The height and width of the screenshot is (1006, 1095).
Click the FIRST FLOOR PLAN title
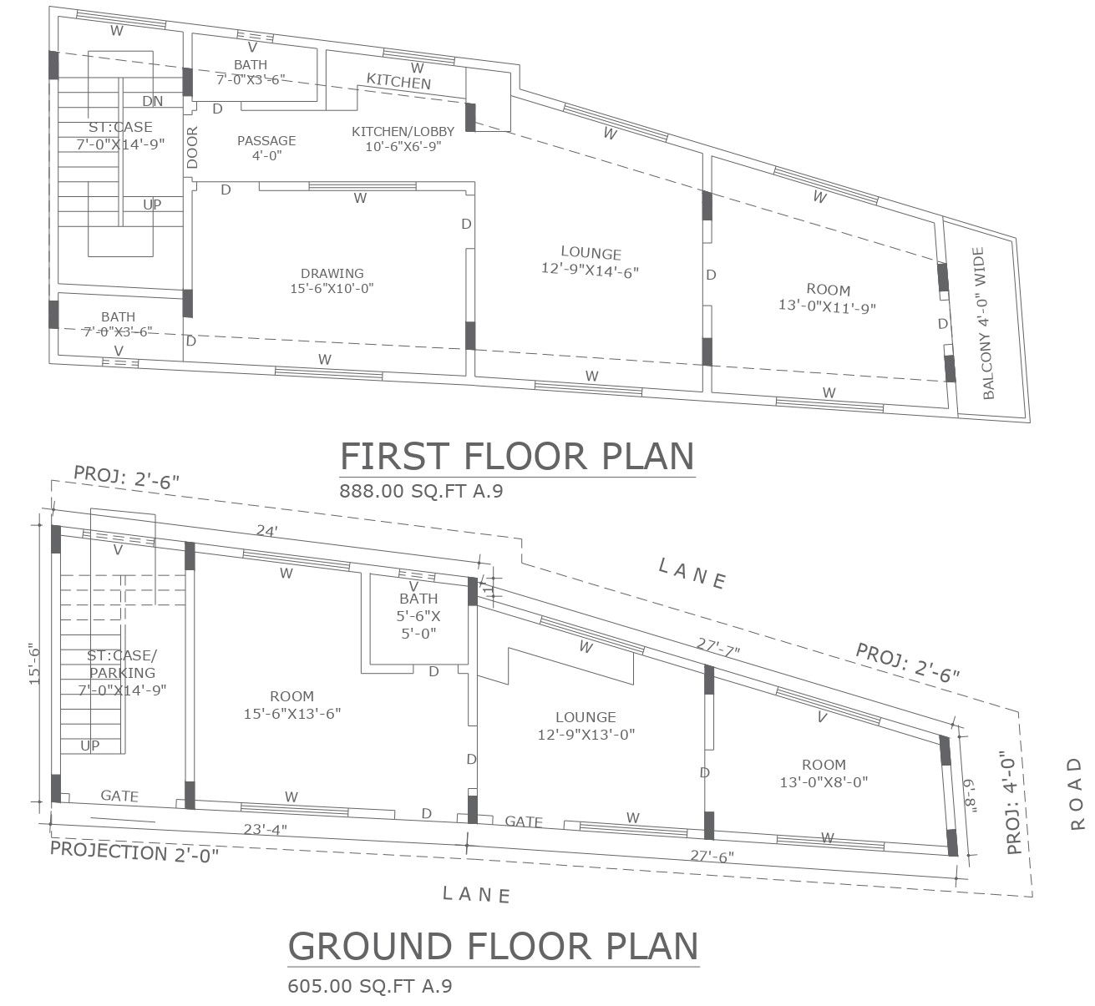(517, 457)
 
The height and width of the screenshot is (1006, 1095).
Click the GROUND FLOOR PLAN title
(493, 947)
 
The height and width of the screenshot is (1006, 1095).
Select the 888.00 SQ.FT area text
(420, 492)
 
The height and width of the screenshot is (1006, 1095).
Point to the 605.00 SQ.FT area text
(369, 986)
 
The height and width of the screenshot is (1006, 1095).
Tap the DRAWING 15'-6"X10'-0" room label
(332, 281)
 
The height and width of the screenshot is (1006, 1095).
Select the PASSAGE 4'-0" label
(266, 147)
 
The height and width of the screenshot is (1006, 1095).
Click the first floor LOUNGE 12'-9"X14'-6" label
(591, 261)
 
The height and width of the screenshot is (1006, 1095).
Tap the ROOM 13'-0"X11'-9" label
(828, 298)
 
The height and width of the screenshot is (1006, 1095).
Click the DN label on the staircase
(152, 102)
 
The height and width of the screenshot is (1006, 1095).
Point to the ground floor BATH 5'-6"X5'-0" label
(418, 615)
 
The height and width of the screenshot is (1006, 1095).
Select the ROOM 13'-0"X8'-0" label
(824, 773)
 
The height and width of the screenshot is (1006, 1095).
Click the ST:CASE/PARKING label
(122, 672)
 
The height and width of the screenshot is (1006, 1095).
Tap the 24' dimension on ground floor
(266, 529)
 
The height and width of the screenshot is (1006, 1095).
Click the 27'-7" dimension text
(718, 645)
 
